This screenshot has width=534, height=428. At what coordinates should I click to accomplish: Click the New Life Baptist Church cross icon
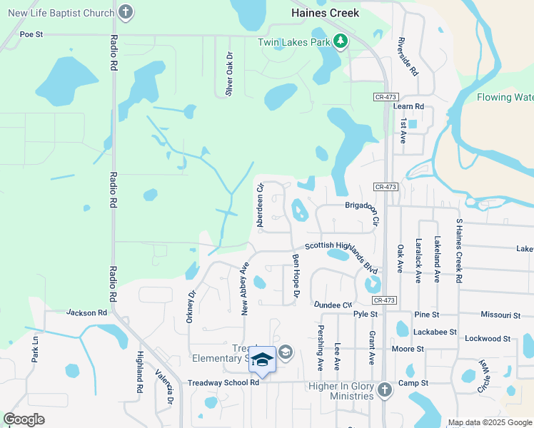coord(126,12)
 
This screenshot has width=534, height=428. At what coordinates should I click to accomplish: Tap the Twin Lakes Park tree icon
coord(341,41)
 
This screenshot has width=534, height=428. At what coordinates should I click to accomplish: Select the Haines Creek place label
coord(325,13)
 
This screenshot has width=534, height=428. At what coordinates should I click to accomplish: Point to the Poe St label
coord(31,34)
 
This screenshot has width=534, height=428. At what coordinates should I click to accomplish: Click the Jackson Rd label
coord(86,312)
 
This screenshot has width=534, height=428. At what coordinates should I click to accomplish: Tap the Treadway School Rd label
coord(223,383)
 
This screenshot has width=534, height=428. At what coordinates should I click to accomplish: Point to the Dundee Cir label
coord(333,305)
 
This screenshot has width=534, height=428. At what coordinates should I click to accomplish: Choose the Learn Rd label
coord(408,106)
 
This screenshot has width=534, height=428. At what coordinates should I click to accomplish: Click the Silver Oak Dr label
coord(229,73)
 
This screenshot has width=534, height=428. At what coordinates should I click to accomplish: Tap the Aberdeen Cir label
coord(261,205)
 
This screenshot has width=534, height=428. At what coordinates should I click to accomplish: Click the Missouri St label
coord(500,315)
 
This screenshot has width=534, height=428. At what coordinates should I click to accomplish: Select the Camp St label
coord(413,383)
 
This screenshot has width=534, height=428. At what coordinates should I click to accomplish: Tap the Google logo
coord(24,419)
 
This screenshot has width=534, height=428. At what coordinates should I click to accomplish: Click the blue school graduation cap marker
coord(262,360)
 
